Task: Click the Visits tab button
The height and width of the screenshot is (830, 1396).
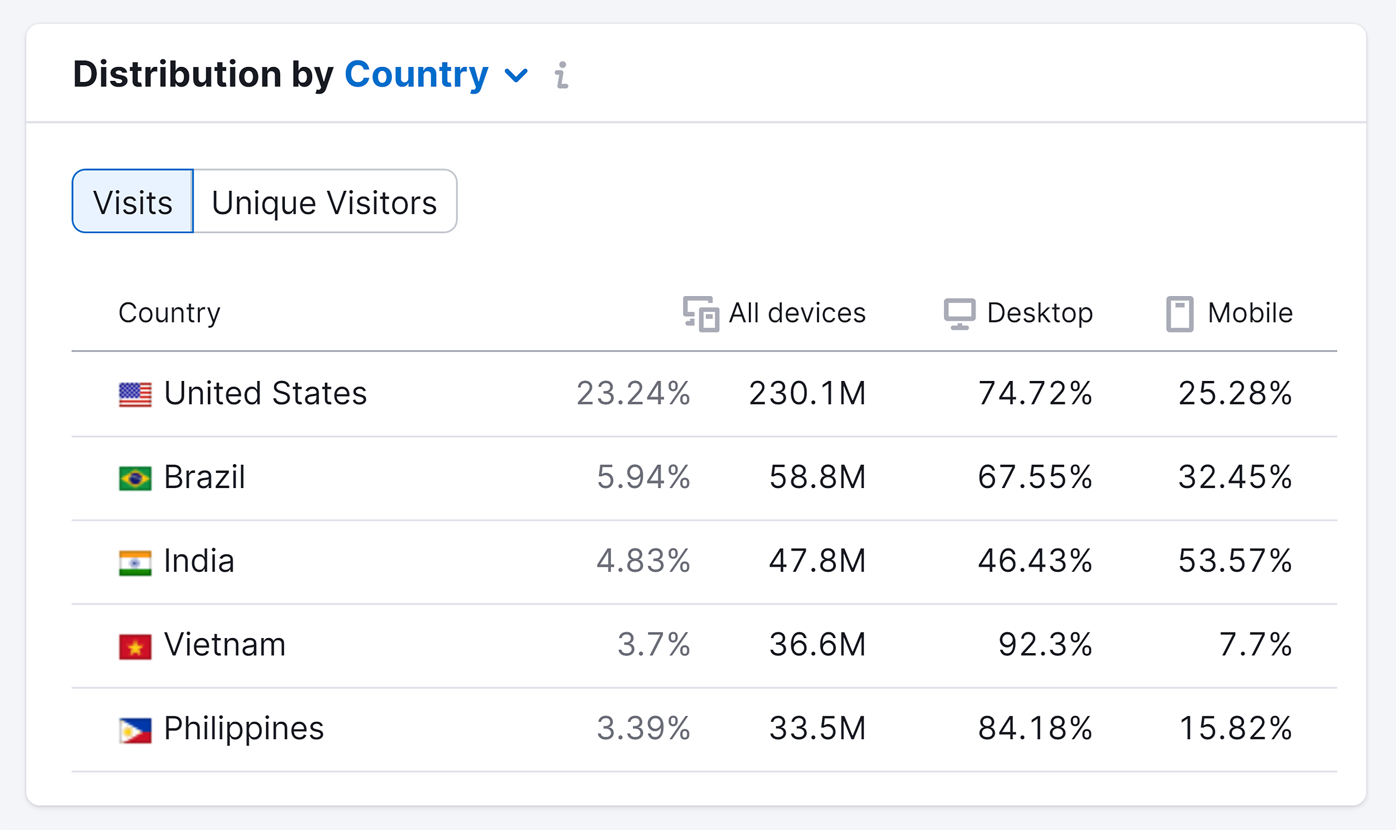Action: click(133, 201)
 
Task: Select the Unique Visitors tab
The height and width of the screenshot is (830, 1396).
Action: click(324, 201)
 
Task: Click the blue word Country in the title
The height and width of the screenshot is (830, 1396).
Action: click(417, 74)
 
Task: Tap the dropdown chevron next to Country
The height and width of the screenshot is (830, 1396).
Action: click(515, 75)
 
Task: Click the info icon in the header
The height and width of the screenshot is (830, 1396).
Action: click(561, 75)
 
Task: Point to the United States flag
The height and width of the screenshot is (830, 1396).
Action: click(135, 394)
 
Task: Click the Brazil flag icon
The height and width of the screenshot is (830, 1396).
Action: click(135, 478)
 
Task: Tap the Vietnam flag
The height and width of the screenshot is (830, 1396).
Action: click(135, 646)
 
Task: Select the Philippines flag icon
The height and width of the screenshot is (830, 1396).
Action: click(135, 731)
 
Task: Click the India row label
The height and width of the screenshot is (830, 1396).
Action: click(199, 561)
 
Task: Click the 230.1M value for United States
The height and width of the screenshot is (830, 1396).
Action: click(807, 393)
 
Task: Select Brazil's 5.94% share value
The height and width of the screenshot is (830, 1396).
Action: click(643, 477)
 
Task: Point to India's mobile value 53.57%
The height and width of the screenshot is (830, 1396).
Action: click(1235, 561)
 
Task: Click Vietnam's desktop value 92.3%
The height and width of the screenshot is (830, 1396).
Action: click(1045, 645)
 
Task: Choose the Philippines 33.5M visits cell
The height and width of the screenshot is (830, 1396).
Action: click(817, 729)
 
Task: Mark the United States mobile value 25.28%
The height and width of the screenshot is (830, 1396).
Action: click(1235, 393)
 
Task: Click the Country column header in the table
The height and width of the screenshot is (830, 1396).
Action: click(169, 313)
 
